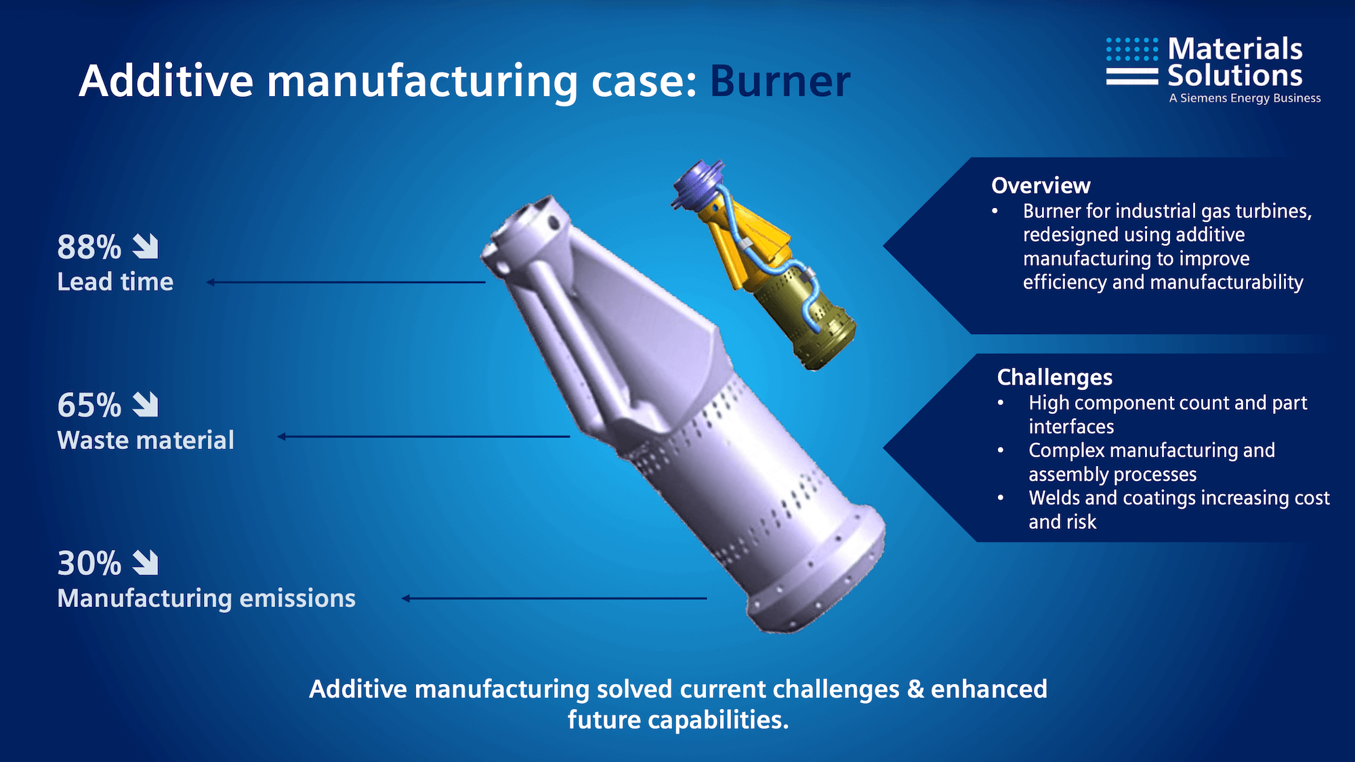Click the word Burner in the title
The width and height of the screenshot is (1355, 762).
point(780,81)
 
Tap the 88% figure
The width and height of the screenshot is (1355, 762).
point(89,247)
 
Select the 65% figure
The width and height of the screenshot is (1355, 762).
point(89,405)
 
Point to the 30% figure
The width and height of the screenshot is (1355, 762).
point(89,563)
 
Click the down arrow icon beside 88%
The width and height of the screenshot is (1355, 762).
point(145,247)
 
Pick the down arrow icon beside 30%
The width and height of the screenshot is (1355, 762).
point(145,563)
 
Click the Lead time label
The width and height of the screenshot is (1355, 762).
point(115,282)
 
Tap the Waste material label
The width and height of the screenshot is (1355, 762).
point(146,440)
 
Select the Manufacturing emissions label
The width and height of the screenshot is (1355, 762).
point(206,598)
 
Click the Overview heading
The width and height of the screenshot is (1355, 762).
point(1041,186)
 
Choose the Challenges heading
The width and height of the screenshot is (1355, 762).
point(1055,377)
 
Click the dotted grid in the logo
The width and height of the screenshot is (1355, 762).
point(1132,49)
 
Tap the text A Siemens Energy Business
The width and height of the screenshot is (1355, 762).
point(1245,98)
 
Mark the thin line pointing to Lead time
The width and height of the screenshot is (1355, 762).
point(346,282)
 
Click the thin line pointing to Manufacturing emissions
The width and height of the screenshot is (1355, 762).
point(554,598)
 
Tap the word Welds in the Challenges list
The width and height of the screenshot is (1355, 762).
point(1054,498)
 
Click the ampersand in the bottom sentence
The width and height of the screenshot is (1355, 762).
point(915,689)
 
